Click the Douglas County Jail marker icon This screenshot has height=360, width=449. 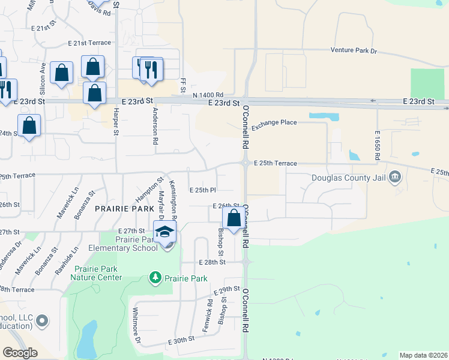[x=394, y=177]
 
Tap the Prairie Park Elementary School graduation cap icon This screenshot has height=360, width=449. [x=164, y=231]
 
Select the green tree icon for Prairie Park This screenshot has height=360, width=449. [x=155, y=278]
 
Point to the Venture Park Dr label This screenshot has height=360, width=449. [x=354, y=52]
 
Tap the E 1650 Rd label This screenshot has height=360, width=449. [x=377, y=145]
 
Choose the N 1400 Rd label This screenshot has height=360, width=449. [x=208, y=95]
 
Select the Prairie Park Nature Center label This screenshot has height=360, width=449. [x=96, y=273]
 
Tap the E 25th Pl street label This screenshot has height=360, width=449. [x=202, y=190]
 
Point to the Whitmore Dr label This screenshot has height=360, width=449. [x=136, y=328]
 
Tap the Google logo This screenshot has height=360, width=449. [x=20, y=353]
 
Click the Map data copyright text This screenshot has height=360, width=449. [x=423, y=355]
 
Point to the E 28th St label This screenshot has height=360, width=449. [x=211, y=262]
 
